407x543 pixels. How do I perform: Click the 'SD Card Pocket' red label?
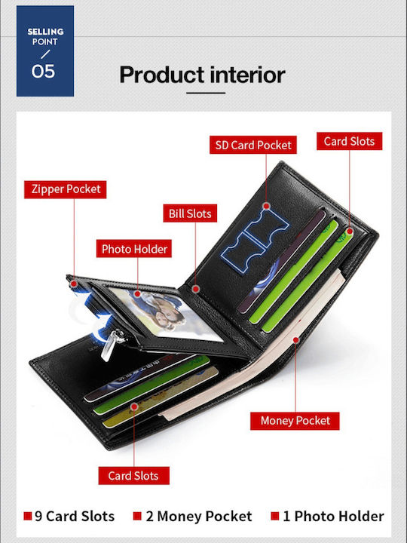253,145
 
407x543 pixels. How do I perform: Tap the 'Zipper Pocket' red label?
66,189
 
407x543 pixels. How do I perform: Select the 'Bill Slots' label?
190,213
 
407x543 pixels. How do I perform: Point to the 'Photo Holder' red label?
134,249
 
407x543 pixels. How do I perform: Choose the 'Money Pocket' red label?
295,421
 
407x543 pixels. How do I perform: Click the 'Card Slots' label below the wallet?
133,475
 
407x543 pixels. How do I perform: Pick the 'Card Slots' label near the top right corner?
349,141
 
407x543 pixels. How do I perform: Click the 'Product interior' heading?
202,75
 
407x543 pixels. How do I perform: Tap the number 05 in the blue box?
43,72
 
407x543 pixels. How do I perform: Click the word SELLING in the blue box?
45,32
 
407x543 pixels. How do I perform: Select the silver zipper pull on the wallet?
111,344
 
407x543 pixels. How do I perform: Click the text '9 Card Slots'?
75,517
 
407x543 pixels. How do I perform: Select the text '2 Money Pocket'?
199,517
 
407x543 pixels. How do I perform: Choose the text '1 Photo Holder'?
333,517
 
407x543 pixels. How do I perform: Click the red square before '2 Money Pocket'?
137,516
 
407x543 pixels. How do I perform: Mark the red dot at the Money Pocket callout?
295,340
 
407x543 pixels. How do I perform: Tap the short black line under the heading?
206,93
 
